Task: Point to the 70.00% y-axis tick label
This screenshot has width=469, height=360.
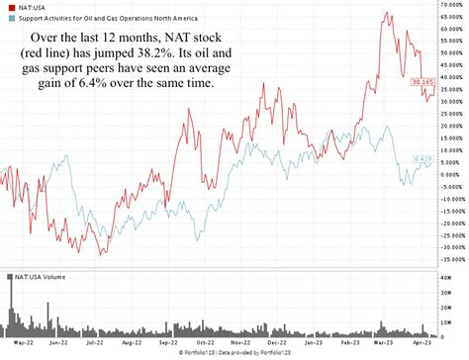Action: (x=452, y=5)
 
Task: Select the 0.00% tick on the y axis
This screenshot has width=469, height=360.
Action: (x=450, y=174)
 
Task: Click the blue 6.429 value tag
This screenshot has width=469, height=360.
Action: (x=422, y=159)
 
